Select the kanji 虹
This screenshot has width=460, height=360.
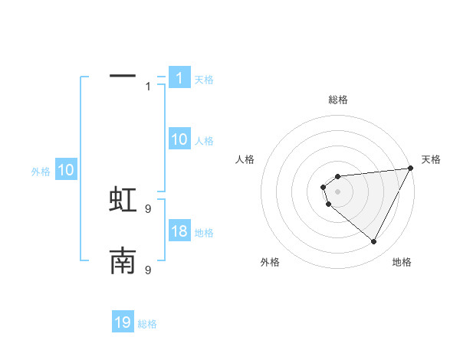point(123,198)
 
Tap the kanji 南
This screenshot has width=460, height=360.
point(123,261)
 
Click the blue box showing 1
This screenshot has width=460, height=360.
point(179,77)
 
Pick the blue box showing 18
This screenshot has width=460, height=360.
point(179,231)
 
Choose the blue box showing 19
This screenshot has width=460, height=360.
point(123,322)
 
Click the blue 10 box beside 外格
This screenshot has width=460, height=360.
point(65,170)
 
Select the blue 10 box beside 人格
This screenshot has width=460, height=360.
point(179,139)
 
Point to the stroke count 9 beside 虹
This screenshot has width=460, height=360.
point(148,208)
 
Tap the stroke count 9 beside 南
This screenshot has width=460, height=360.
point(148,270)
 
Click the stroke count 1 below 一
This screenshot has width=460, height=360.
point(148,87)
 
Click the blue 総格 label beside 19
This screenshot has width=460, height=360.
point(147,324)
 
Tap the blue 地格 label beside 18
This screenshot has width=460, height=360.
point(204,233)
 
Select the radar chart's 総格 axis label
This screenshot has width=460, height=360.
point(337,100)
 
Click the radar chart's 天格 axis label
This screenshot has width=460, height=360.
point(431,159)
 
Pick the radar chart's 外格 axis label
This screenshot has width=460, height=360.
point(270,262)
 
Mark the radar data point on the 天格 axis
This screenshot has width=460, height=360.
point(410,169)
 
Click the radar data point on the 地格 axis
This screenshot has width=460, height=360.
point(374,242)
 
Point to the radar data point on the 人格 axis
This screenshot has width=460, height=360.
point(324,187)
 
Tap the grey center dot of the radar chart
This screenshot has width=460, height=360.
point(337,191)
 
